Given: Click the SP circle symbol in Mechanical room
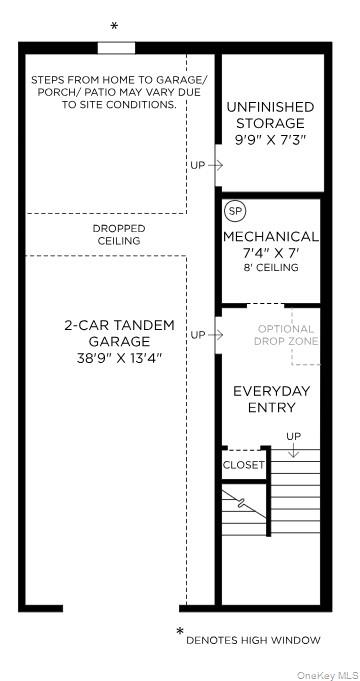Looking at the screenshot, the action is coord(235,211).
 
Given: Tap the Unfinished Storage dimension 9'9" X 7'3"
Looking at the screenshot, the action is coord(271,140).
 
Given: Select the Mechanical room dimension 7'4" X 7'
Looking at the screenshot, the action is coord(270,253).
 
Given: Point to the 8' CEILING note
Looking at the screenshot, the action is coord(270,268).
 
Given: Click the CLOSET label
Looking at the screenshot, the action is coord(244,465).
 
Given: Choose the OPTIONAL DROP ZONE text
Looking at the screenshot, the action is coord(286,335).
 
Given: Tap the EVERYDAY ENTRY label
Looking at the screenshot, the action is coord(272,399).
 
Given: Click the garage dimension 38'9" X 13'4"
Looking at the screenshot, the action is coord(119,359).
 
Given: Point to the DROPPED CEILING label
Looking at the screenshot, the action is coord(119,235).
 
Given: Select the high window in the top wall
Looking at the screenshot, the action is coord(116,48).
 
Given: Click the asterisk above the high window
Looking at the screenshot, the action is coord(114,26).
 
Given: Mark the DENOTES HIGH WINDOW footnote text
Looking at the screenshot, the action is coord(253,640).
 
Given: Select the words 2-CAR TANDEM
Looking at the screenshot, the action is coord(119,326).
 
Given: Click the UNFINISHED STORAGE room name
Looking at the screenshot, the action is coord(271,115).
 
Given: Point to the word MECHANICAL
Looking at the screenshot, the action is coord(271,237).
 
